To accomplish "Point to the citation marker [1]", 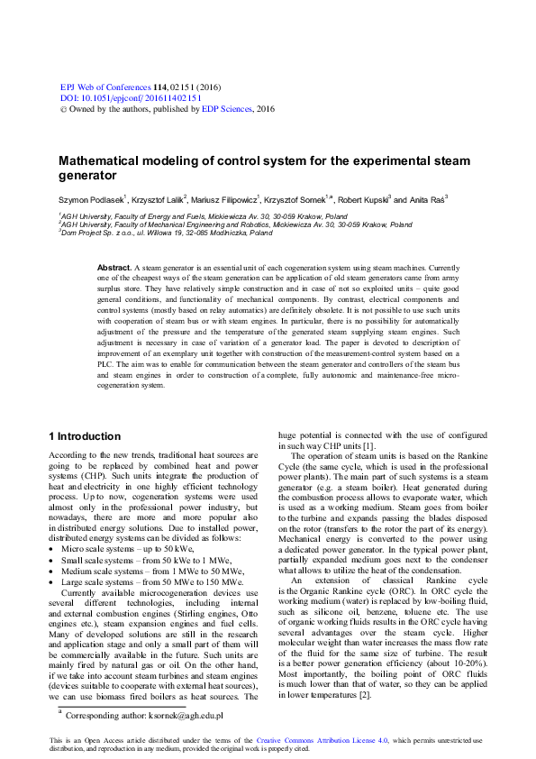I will pos(368,447).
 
